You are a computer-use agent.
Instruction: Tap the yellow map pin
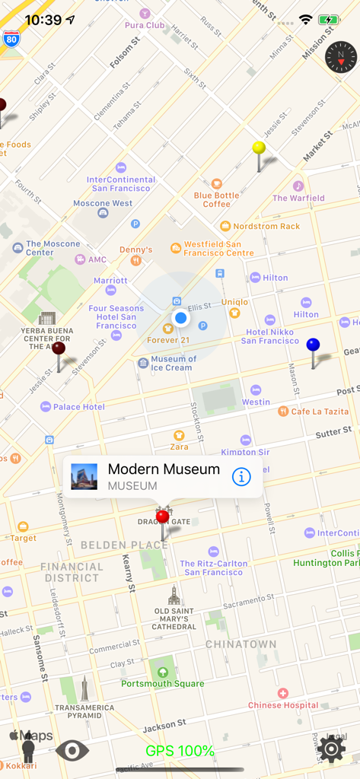coord(259,148)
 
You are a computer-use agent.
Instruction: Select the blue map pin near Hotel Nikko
coord(313,345)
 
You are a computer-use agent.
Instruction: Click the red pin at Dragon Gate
coord(162,517)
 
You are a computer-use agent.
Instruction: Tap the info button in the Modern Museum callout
coord(241,477)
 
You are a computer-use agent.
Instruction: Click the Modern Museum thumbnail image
coord(84,477)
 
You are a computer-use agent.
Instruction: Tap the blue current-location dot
coord(180,317)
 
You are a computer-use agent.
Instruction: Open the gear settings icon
coord(332,749)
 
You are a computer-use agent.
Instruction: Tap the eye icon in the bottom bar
coord(72,751)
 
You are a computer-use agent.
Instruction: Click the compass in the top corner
coord(340,57)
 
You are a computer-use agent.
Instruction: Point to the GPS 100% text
coord(180,752)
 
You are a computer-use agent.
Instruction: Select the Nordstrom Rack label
coord(266,226)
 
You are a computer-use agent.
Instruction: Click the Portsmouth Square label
coord(162,682)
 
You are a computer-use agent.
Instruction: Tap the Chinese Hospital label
coord(283,704)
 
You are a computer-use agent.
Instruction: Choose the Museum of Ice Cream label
coord(172,364)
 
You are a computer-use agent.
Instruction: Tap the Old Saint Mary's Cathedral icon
coord(174,596)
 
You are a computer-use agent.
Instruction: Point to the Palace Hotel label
coord(78,407)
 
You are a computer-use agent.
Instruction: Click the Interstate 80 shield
coord(11,39)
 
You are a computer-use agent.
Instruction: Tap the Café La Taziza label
coord(319,412)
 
